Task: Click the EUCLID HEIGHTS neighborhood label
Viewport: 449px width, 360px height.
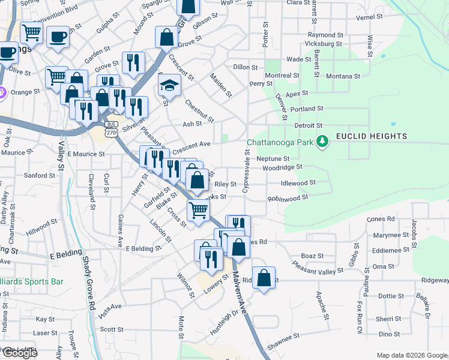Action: click(x=371, y=136)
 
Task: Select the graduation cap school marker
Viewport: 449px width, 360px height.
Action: click(x=170, y=85)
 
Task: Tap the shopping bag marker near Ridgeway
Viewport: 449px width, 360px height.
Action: click(x=264, y=278)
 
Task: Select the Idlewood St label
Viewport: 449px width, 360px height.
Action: click(x=298, y=182)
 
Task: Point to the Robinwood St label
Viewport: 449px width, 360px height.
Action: click(x=288, y=197)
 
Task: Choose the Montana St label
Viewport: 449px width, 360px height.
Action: click(x=343, y=76)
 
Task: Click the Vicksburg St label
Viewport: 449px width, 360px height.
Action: click(x=323, y=44)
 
